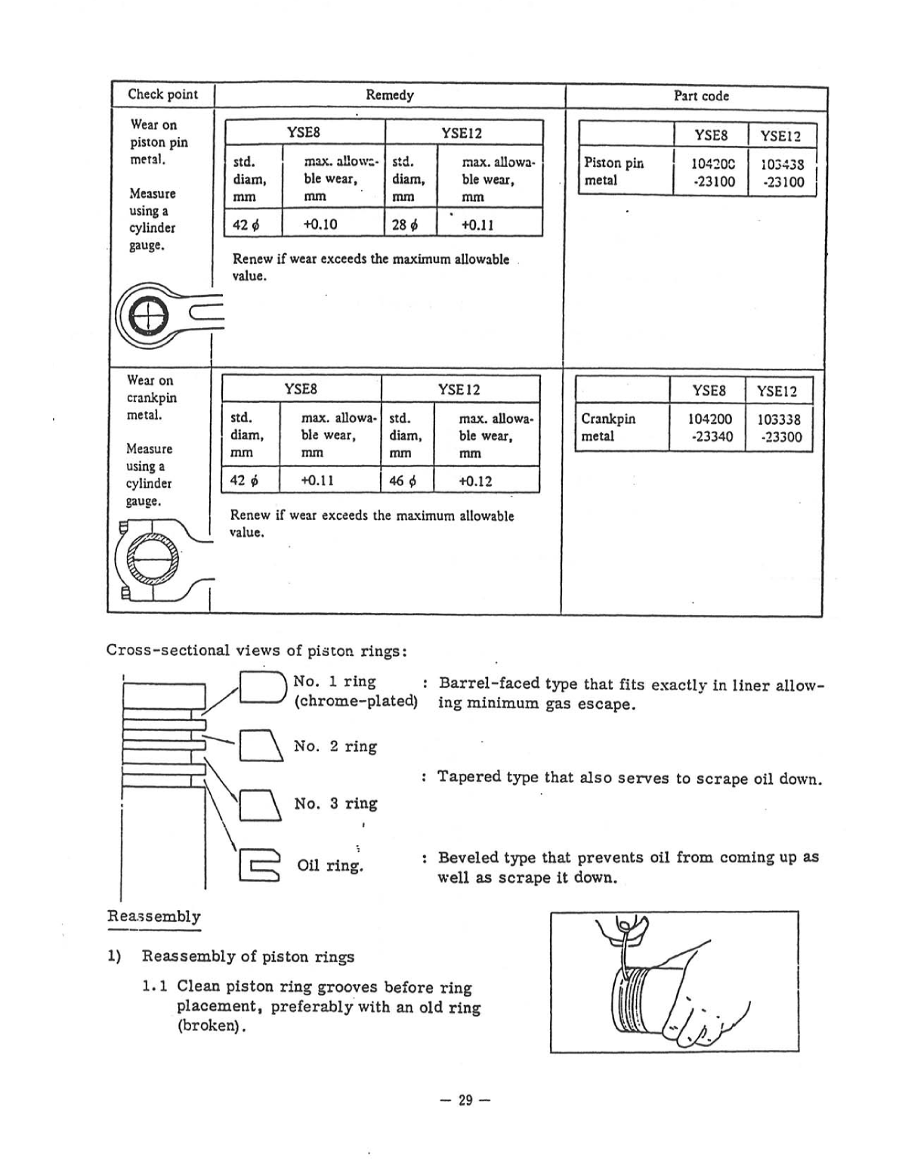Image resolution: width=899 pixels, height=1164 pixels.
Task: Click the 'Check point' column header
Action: (x=162, y=94)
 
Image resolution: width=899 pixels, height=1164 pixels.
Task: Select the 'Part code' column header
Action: (x=700, y=96)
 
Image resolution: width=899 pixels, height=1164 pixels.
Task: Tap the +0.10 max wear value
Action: (x=320, y=224)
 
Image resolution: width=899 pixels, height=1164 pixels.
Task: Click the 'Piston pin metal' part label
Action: (x=613, y=172)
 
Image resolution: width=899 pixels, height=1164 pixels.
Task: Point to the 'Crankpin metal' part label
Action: (x=608, y=427)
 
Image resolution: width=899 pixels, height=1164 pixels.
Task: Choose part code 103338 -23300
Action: (x=779, y=428)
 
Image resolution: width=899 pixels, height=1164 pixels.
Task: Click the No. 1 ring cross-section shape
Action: (x=261, y=687)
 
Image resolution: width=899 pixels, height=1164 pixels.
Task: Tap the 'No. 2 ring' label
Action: (x=335, y=746)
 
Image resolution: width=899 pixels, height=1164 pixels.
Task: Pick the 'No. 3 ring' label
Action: (x=335, y=803)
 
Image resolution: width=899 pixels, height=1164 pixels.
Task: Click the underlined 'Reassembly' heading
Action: (x=154, y=917)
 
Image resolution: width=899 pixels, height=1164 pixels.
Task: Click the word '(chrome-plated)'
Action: (x=355, y=701)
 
